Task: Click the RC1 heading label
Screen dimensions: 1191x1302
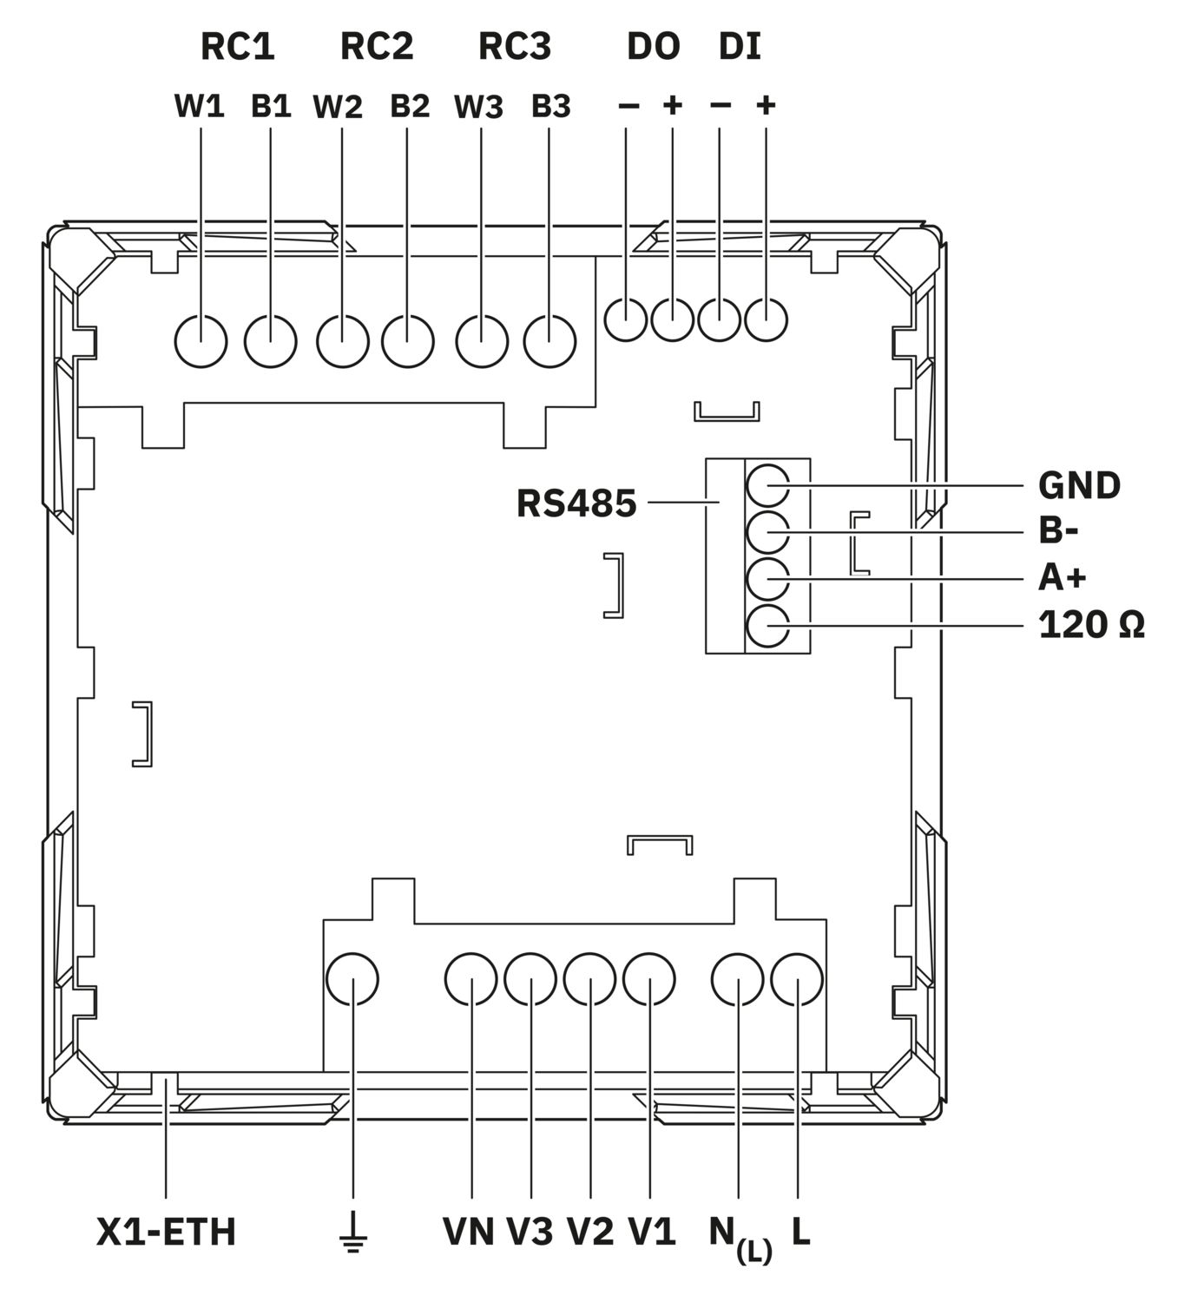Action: coord(238,47)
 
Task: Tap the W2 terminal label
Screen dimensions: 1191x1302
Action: coord(338,107)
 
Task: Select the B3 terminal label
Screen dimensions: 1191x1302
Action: coord(550,107)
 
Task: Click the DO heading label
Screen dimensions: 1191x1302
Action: coord(654,47)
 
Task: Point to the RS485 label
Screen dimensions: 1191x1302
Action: coord(576,503)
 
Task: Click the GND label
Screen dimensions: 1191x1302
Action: coord(1079,485)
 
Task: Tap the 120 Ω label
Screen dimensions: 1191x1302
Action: coord(1092,625)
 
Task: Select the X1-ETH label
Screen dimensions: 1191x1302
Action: coord(167,1233)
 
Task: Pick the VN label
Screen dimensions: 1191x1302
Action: coord(468,1232)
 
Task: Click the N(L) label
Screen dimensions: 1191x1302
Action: coord(740,1240)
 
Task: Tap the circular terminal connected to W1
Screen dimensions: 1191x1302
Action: coord(201,341)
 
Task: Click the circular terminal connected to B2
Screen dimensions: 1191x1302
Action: coord(407,341)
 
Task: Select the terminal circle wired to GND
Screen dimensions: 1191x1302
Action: coord(767,485)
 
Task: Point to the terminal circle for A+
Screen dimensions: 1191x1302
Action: coord(767,579)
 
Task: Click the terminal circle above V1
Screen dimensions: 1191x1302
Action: coord(648,979)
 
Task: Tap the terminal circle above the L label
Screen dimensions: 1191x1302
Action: coord(797,979)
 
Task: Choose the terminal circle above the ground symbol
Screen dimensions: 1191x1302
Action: coord(352,979)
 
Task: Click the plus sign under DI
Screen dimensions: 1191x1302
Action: coord(767,104)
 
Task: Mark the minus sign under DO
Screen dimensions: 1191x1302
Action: coord(628,105)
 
